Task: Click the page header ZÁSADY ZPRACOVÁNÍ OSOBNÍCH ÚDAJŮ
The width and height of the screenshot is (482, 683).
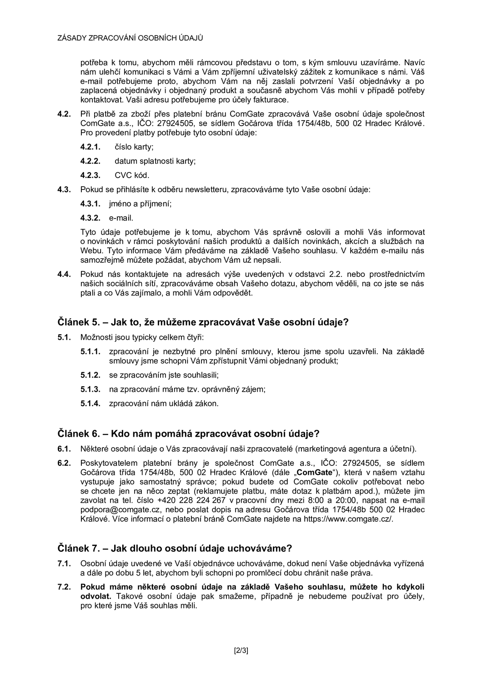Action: coord(130,38)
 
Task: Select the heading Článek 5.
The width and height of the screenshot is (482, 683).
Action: coord(203,322)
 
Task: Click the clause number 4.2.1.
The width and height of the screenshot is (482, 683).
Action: coord(90,147)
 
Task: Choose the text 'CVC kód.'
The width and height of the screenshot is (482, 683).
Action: coord(132,175)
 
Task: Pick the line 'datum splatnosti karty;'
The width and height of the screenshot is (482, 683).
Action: coord(155,161)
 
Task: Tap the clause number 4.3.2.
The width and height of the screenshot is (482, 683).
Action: coord(90,218)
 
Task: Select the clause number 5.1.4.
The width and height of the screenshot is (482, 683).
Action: coord(90,403)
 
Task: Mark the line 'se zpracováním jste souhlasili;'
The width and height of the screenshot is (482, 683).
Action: coord(164,375)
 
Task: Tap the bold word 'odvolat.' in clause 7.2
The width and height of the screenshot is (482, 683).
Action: coord(95,596)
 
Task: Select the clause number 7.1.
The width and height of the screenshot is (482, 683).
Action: coord(64,564)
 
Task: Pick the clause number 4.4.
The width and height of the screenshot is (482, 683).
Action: coord(64,274)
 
